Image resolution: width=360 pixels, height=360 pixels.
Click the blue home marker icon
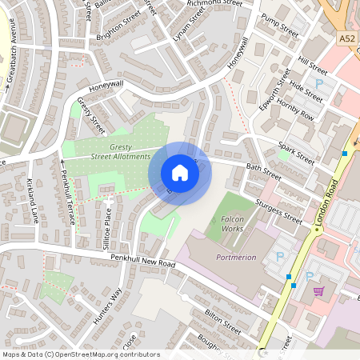(x=180, y=173)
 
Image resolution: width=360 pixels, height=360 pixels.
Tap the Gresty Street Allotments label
(x=120, y=151)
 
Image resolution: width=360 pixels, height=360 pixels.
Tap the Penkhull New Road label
(x=133, y=262)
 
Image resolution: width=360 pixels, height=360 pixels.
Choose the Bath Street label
(x=264, y=171)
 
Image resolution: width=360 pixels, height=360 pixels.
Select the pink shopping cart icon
(x=319, y=291)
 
